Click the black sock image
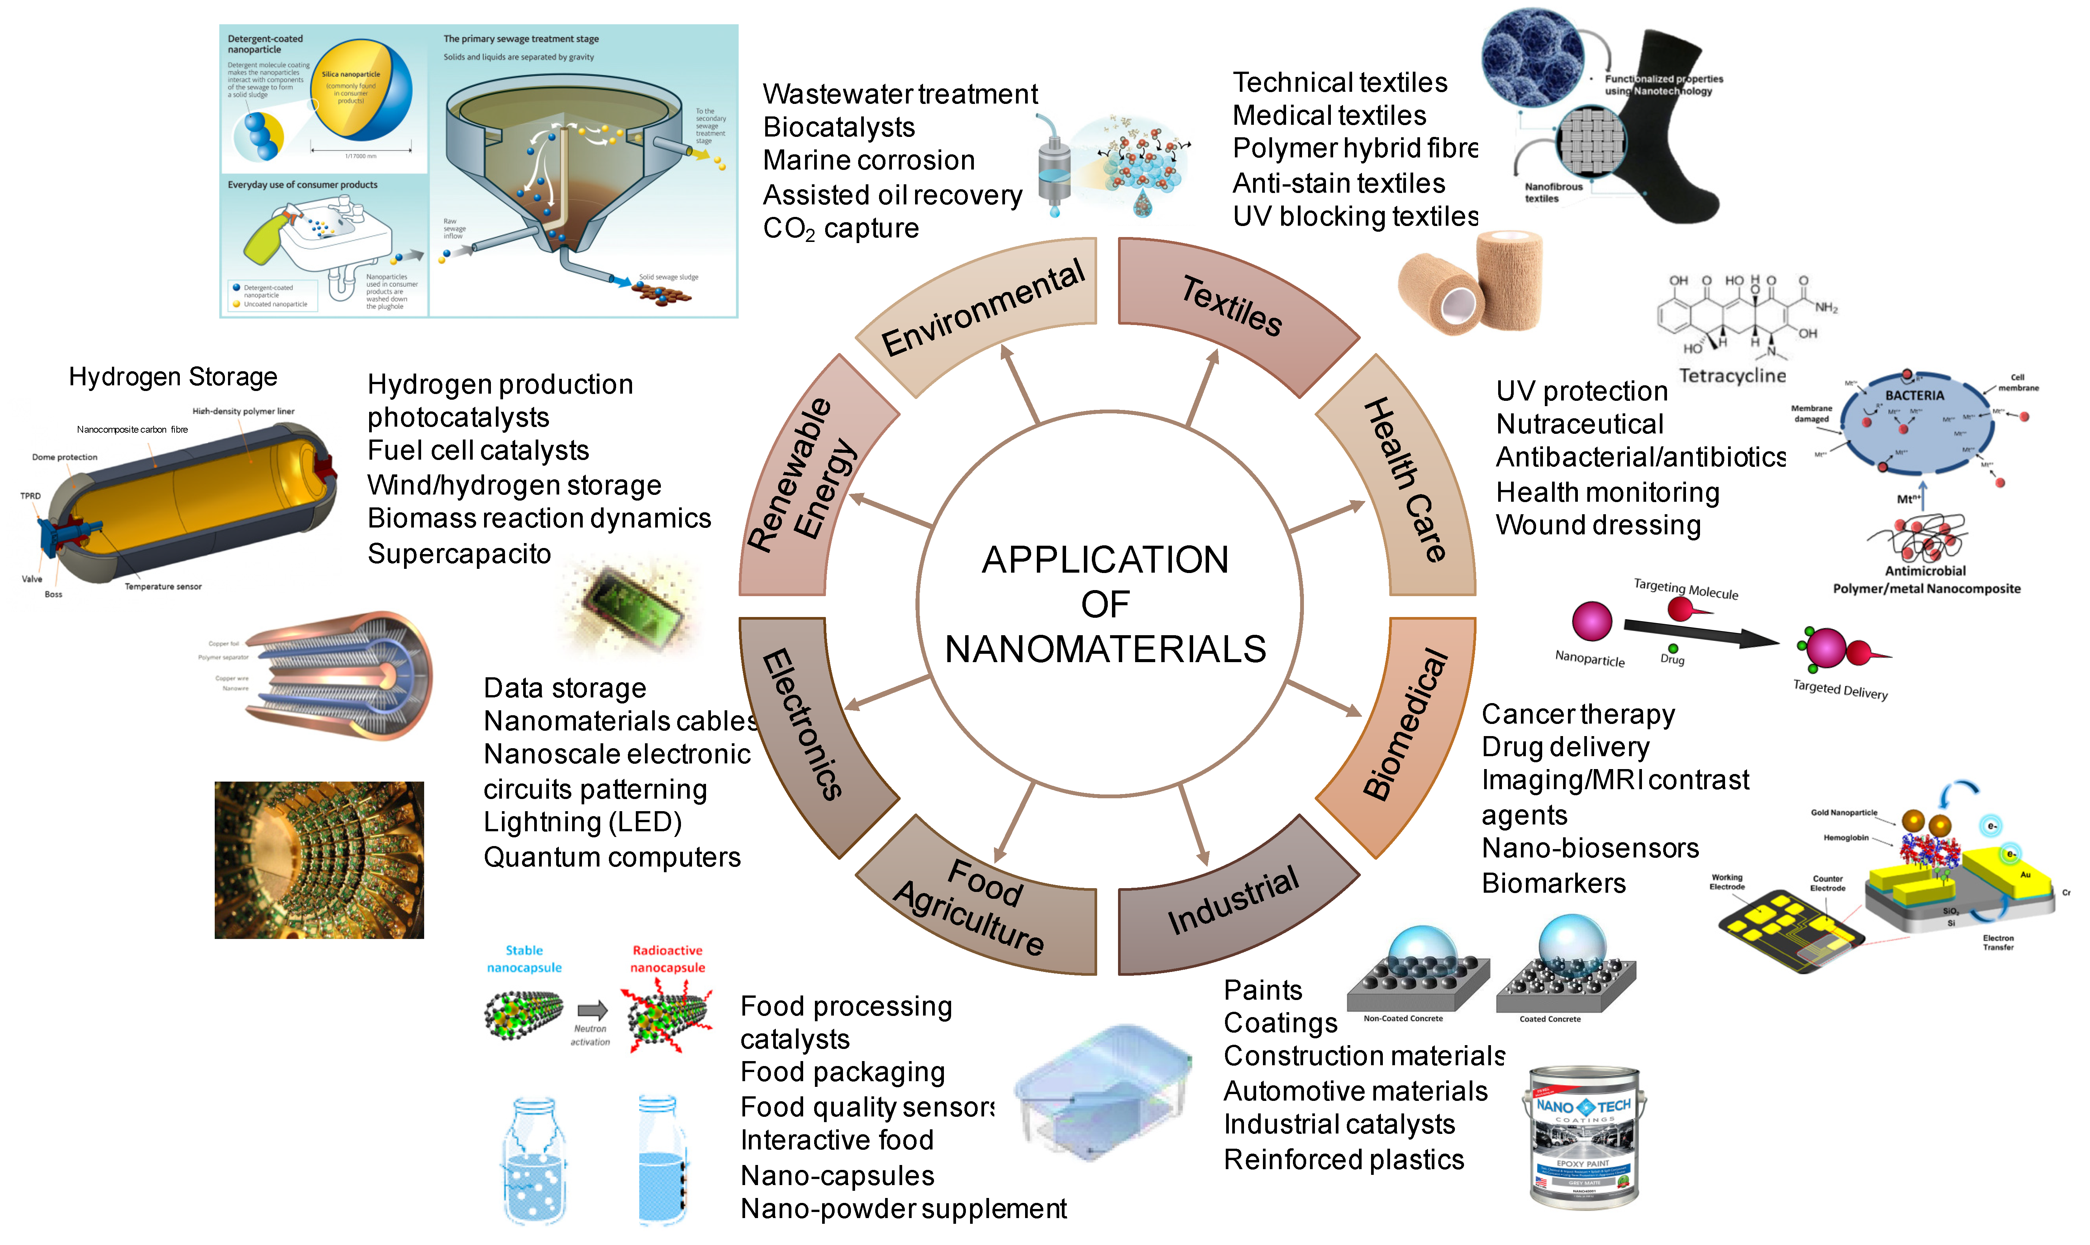click(x=1665, y=143)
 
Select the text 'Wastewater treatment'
click(x=900, y=94)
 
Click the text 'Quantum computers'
click(x=612, y=857)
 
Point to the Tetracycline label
click(x=1732, y=376)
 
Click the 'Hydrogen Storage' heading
click(x=173, y=377)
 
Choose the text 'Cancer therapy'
click(x=1577, y=714)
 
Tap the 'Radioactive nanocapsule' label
click(x=667, y=959)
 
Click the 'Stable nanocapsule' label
click(x=524, y=959)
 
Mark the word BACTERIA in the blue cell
click(x=1914, y=395)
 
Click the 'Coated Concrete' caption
click(x=1550, y=1019)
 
